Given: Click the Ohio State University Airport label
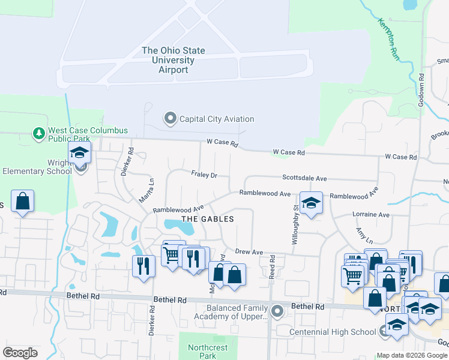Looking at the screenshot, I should click(x=173, y=61).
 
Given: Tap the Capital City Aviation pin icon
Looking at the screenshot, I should click(x=170, y=119).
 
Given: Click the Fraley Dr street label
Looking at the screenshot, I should click(x=204, y=175).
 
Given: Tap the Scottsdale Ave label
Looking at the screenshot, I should click(x=304, y=178).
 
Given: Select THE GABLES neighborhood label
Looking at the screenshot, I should click(x=207, y=219).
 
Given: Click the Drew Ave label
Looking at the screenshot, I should click(x=249, y=252).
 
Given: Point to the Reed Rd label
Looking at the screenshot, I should click(x=272, y=265).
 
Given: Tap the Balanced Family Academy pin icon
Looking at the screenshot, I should click(x=277, y=311).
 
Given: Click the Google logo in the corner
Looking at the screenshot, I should click(x=20, y=353).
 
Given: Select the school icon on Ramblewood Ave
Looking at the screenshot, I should click(x=310, y=203).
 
